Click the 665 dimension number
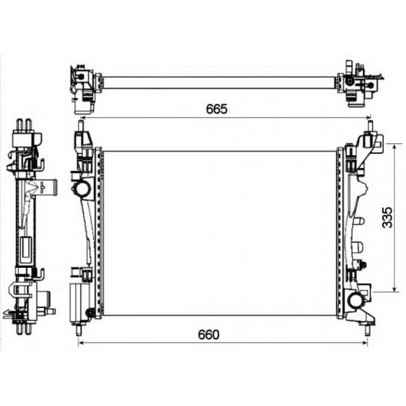click(216, 109)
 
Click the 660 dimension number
click(208, 334)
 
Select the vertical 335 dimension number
click(388, 217)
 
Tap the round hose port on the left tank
click(83, 189)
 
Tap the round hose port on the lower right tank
click(355, 300)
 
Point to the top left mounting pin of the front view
click(81, 126)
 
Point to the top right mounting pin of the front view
click(370, 126)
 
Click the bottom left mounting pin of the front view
click(78, 330)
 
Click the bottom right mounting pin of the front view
click(367, 330)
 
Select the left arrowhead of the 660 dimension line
click(80, 343)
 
